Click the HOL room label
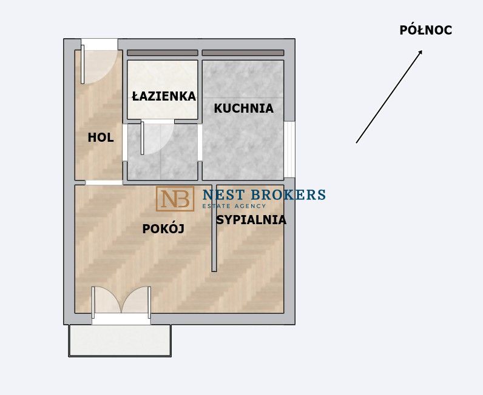pos(101,138)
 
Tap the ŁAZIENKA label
pos(164,96)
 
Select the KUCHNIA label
pos(244,108)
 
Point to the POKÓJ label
pos(163,228)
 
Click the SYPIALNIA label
pos(251,220)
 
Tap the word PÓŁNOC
pos(426,30)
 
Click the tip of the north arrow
pos(422,50)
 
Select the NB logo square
pos(175,199)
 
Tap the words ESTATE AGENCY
pos(234,206)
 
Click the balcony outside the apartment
pos(120,340)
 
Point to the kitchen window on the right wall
pos(289,150)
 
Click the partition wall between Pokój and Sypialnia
pos(214,228)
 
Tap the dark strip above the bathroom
pos(163,53)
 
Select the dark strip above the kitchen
pos(243,53)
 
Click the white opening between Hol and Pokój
pos(104,183)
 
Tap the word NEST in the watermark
pos(224,194)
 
